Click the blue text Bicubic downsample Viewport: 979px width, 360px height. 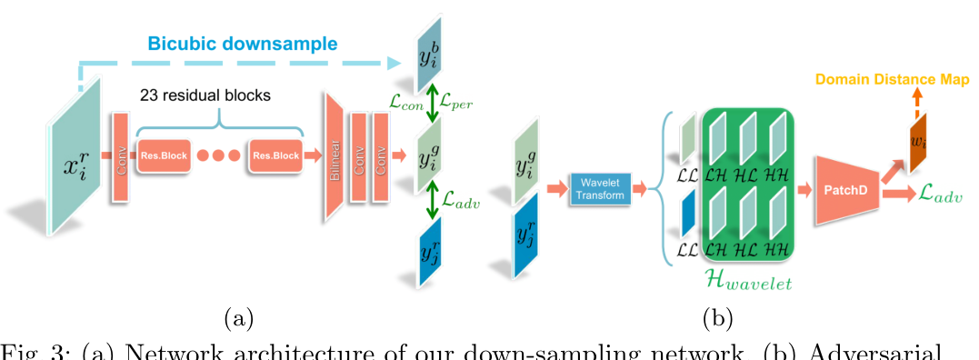click(243, 44)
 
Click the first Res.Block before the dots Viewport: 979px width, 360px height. click(165, 155)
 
